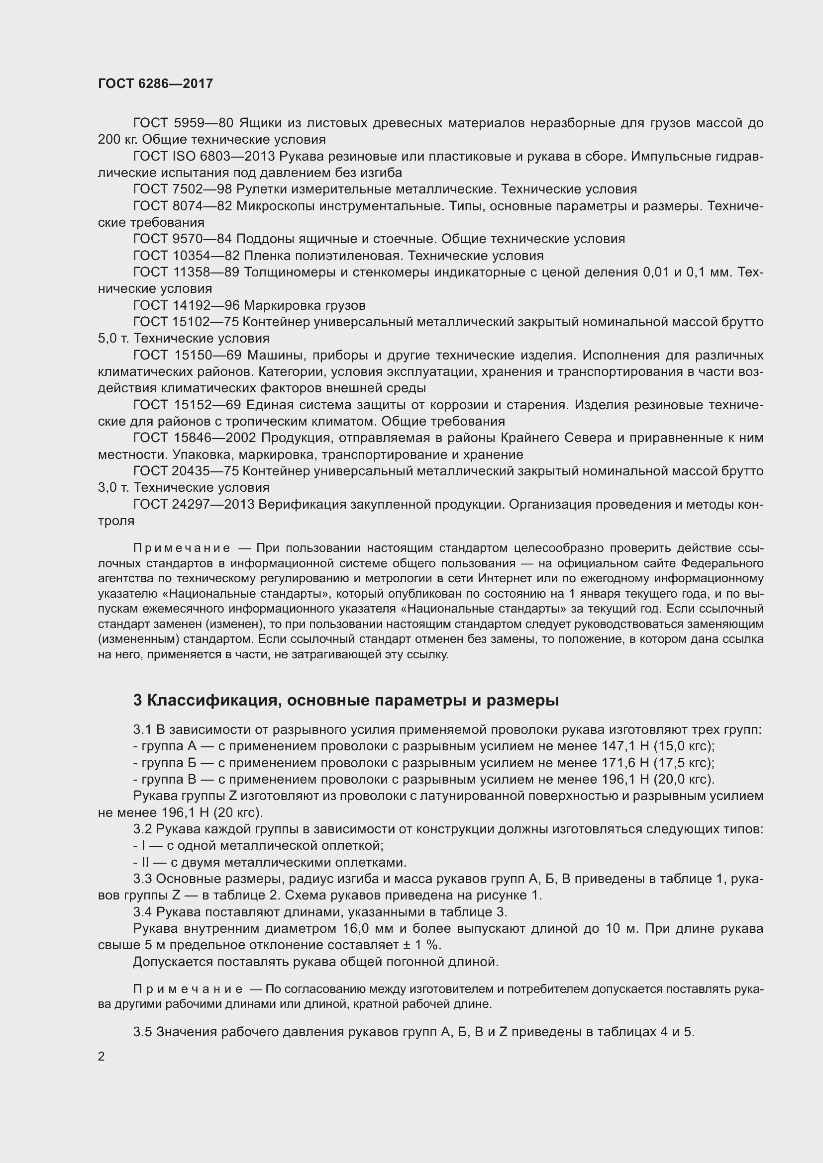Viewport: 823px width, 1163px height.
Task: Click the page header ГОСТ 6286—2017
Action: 156,84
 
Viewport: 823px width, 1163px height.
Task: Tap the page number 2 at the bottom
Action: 102,1057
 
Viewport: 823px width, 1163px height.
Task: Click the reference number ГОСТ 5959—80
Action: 183,123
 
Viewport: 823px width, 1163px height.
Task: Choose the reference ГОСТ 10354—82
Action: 187,256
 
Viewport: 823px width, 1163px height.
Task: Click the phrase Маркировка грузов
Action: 305,305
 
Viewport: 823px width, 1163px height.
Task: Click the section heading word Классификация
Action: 212,701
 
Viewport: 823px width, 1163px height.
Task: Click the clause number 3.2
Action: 143,829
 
